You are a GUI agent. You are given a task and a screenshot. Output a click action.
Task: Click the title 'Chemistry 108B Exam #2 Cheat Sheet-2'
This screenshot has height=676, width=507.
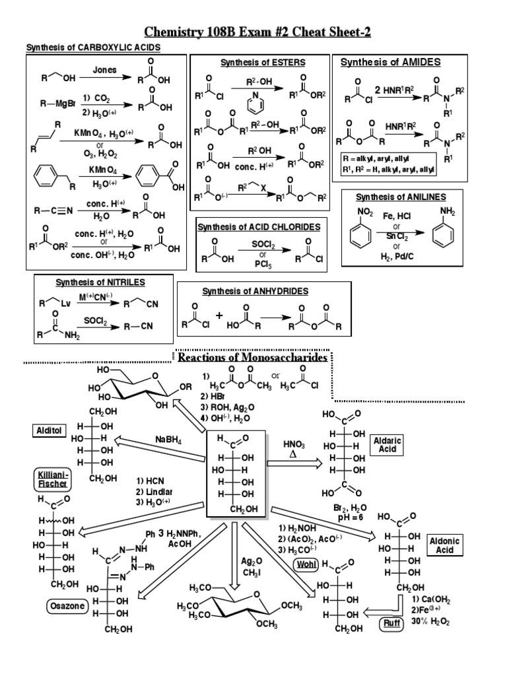pyautogui.click(x=253, y=32)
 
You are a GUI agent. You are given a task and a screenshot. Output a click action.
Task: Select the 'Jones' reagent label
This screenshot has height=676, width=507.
pyautogui.click(x=104, y=69)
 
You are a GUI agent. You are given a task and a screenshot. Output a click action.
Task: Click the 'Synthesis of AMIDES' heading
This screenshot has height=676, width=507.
pyautogui.click(x=390, y=62)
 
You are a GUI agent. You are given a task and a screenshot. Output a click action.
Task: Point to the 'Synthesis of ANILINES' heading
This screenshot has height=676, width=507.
pyautogui.click(x=401, y=197)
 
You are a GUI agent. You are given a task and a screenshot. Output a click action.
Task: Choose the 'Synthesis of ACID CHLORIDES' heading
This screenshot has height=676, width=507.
pyautogui.click(x=259, y=226)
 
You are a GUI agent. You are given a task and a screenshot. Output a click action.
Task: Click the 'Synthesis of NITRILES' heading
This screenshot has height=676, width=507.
pyautogui.click(x=100, y=283)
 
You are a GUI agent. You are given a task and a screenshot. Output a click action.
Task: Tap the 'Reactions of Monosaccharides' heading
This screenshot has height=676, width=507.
pyautogui.click(x=253, y=357)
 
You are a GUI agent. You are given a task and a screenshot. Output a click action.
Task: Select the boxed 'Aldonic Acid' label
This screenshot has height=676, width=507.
pyautogui.click(x=444, y=545)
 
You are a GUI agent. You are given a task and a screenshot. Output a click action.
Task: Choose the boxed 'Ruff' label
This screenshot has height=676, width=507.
pyautogui.click(x=388, y=623)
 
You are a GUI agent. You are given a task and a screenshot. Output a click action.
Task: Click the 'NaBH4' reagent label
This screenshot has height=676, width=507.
pyautogui.click(x=169, y=439)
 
